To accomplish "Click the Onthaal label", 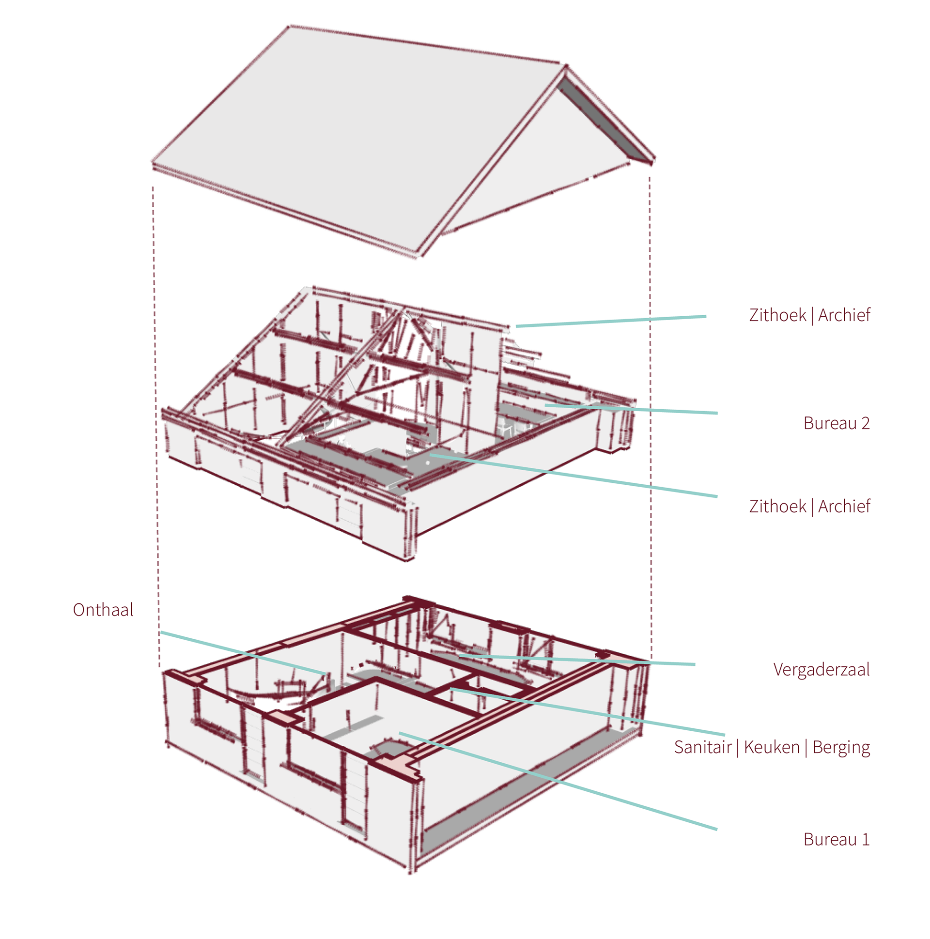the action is click(103, 610).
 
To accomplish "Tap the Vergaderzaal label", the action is click(821, 669).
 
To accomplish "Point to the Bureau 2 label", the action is click(836, 423).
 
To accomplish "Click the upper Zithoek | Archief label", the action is click(809, 315).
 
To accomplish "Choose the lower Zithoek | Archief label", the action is click(809, 506).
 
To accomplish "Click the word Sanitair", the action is click(702, 747).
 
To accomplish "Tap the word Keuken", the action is click(772, 747).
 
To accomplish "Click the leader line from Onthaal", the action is click(243, 652).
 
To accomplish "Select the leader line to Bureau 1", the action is click(559, 781).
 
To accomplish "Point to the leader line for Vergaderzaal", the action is click(578, 660).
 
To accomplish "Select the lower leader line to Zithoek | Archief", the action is click(573, 476).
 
